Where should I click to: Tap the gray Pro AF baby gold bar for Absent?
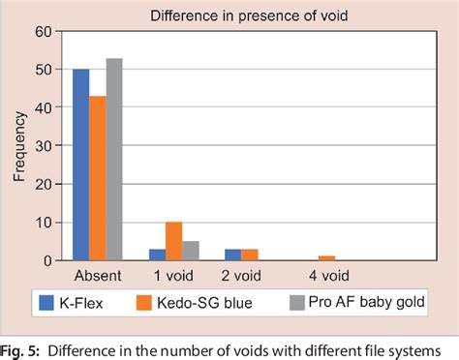[x=113, y=160]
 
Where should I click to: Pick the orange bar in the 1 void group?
[x=173, y=242]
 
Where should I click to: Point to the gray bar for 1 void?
[x=190, y=251]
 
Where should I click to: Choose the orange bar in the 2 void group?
[x=248, y=255]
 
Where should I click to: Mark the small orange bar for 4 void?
[x=327, y=258]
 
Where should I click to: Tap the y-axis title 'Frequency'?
[x=19, y=146]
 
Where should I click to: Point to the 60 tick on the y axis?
[x=43, y=31]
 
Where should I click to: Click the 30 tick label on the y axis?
[x=43, y=146]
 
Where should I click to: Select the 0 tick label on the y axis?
[x=46, y=261]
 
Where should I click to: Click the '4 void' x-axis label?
[x=328, y=276]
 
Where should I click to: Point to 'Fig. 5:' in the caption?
[x=22, y=349]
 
